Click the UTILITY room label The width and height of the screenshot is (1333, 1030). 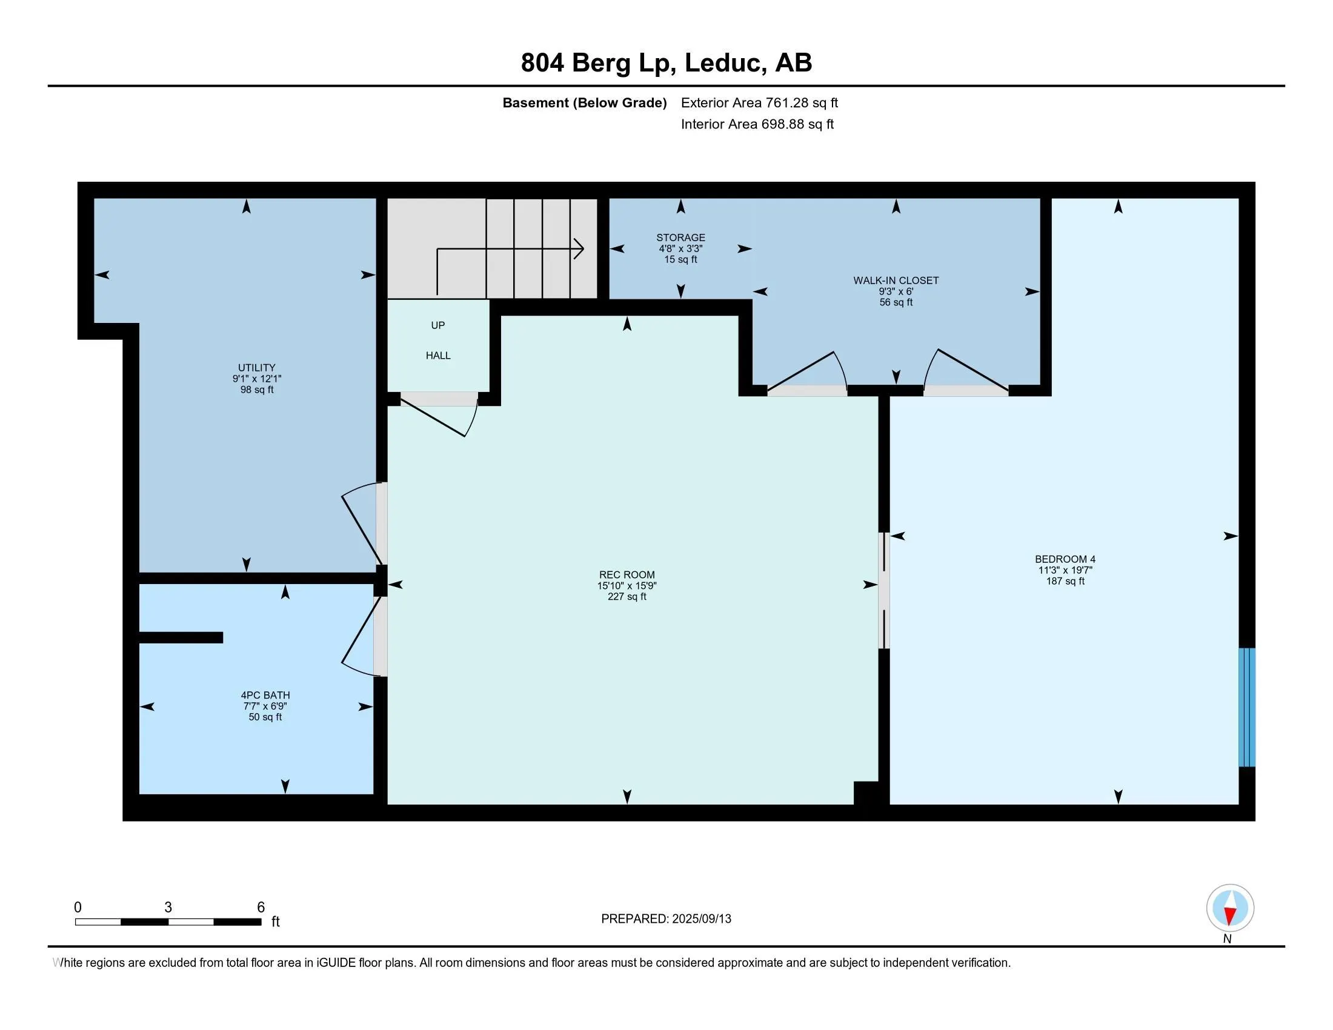[x=256, y=367]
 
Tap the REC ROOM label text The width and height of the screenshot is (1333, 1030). [x=627, y=574]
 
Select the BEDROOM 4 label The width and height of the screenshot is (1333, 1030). [x=1065, y=559]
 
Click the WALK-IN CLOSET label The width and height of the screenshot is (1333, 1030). [x=896, y=280]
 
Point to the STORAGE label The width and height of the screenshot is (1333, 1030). [x=680, y=238]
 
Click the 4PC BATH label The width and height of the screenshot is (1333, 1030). [x=265, y=694]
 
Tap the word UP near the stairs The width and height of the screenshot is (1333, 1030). [x=437, y=325]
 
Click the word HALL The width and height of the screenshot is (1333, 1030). [x=437, y=355]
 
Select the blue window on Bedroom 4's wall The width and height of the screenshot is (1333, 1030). [x=1246, y=706]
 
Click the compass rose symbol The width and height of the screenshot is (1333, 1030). [x=1229, y=908]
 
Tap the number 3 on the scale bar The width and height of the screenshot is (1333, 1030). [x=168, y=907]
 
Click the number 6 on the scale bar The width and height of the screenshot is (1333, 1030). [x=261, y=907]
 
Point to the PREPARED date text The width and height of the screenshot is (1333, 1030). [x=665, y=919]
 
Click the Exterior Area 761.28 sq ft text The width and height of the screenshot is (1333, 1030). [x=759, y=102]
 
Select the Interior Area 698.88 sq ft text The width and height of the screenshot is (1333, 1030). [x=757, y=124]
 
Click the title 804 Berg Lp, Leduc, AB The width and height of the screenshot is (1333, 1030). [x=666, y=62]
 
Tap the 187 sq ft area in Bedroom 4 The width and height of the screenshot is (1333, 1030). [x=1065, y=581]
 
